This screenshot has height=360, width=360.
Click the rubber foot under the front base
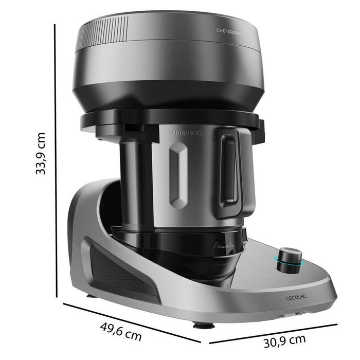(199, 325)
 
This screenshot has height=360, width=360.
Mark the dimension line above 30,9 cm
(273, 332)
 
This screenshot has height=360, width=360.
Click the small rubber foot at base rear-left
(90, 296)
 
